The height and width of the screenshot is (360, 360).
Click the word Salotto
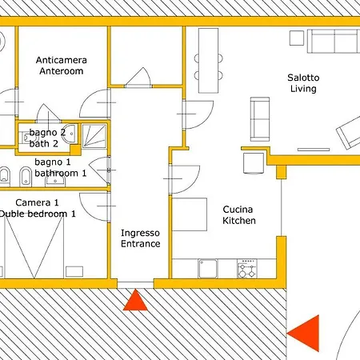click(303, 78)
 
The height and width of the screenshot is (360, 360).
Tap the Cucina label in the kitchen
click(238, 210)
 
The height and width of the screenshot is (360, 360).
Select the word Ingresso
click(140, 233)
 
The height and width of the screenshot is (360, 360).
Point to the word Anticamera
click(62, 60)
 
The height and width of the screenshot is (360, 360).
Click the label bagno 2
click(47, 132)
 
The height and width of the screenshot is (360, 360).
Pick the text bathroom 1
click(61, 173)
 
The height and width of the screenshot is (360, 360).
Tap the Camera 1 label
click(37, 202)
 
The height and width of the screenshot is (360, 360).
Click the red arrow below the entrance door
click(135, 301)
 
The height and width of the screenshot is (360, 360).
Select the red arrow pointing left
click(304, 334)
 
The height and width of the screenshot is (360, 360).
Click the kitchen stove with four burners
click(247, 269)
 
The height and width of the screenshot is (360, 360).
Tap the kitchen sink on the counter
click(208, 269)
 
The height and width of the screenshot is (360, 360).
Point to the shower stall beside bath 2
click(94, 136)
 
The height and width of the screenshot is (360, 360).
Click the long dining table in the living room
click(209, 61)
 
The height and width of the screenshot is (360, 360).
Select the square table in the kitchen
click(190, 214)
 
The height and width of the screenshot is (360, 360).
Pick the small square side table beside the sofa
click(297, 38)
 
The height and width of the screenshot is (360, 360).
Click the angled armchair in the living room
click(349, 132)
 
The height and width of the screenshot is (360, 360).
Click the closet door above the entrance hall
click(138, 78)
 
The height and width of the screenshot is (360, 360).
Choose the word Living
click(303, 89)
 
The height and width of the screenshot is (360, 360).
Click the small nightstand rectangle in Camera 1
click(74, 272)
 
